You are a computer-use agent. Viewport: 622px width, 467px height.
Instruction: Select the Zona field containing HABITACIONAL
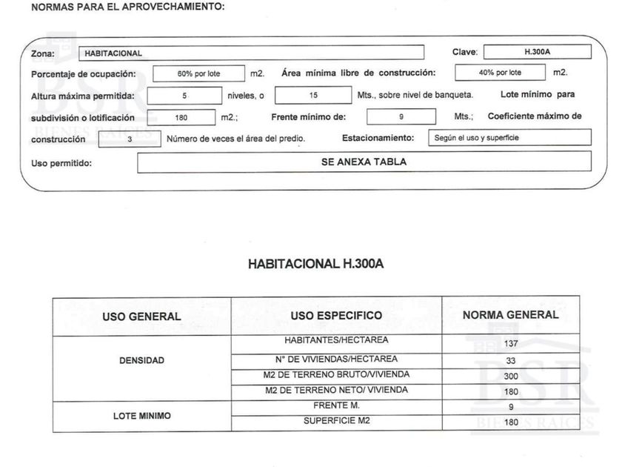click(x=251, y=53)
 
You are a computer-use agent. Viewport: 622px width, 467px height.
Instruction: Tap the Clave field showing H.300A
click(x=537, y=53)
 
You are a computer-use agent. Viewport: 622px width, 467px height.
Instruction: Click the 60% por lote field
click(x=198, y=73)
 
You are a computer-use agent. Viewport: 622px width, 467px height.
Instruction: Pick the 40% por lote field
click(x=500, y=73)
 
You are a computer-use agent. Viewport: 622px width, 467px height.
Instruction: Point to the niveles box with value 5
click(x=184, y=96)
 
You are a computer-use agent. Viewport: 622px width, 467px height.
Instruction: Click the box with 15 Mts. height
click(x=312, y=96)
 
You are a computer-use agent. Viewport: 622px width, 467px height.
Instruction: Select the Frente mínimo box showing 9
click(x=401, y=117)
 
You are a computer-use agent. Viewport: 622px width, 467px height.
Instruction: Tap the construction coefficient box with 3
click(x=130, y=139)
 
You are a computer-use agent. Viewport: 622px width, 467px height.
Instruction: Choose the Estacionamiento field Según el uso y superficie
click(x=509, y=138)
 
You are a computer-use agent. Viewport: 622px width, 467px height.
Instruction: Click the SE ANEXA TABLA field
click(x=364, y=162)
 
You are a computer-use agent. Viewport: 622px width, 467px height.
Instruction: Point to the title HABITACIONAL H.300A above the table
click(x=316, y=264)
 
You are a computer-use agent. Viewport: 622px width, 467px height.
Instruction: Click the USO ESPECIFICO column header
click(x=336, y=316)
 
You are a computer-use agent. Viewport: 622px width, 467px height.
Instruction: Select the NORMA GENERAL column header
click(x=510, y=315)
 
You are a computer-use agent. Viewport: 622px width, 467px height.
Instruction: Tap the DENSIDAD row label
click(x=141, y=360)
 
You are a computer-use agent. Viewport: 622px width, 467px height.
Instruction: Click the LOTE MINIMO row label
click(x=141, y=416)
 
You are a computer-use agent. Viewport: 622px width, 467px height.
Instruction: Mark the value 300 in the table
click(x=510, y=376)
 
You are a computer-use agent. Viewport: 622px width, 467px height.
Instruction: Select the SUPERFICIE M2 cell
click(x=336, y=421)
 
